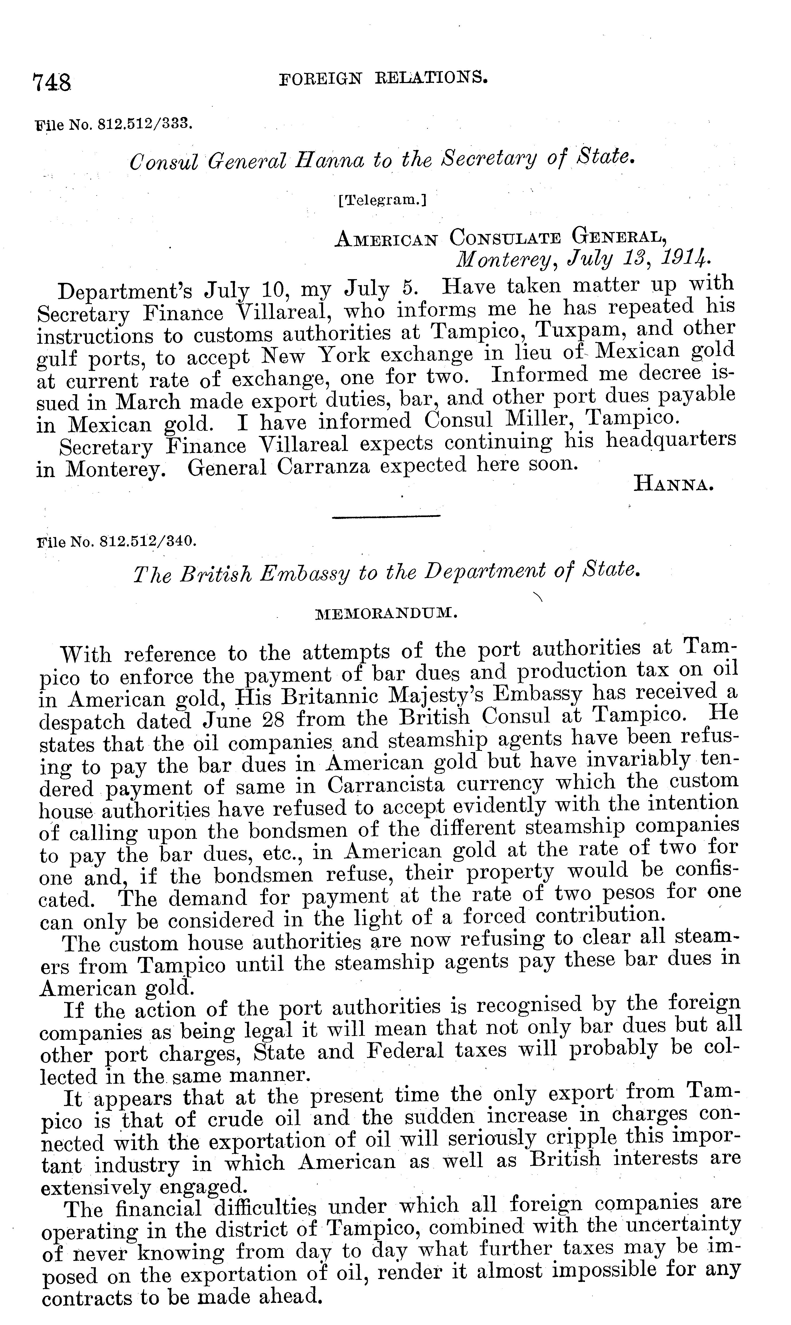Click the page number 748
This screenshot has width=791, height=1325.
(x=52, y=83)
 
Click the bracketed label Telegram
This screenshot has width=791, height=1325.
(x=382, y=200)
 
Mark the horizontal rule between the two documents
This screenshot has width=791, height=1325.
(x=386, y=516)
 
